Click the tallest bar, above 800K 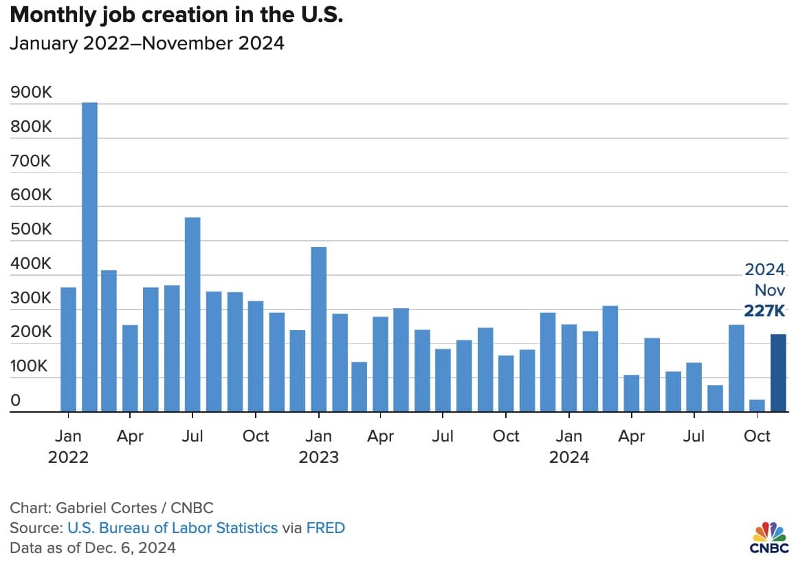pyautogui.click(x=89, y=257)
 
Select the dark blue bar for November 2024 pyautogui.click(x=778, y=373)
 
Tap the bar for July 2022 pyautogui.click(x=192, y=314)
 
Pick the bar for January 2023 pyautogui.click(x=318, y=329)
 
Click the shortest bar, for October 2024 pyautogui.click(x=757, y=406)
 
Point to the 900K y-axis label pyautogui.click(x=31, y=92)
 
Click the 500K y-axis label pyautogui.click(x=31, y=229)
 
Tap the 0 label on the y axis pyautogui.click(x=16, y=400)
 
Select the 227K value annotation pyautogui.click(x=764, y=310)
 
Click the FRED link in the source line pyautogui.click(x=325, y=528)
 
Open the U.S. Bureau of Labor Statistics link pyautogui.click(x=173, y=528)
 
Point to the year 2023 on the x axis pyautogui.click(x=318, y=457)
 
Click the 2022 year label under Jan pyautogui.click(x=68, y=457)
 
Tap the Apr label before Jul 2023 pyautogui.click(x=380, y=437)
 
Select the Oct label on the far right pyautogui.click(x=757, y=436)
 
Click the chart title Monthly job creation pyautogui.click(x=176, y=14)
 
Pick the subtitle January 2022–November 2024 pyautogui.click(x=146, y=43)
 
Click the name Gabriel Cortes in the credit pyautogui.click(x=106, y=508)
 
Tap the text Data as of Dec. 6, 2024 pyautogui.click(x=93, y=547)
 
